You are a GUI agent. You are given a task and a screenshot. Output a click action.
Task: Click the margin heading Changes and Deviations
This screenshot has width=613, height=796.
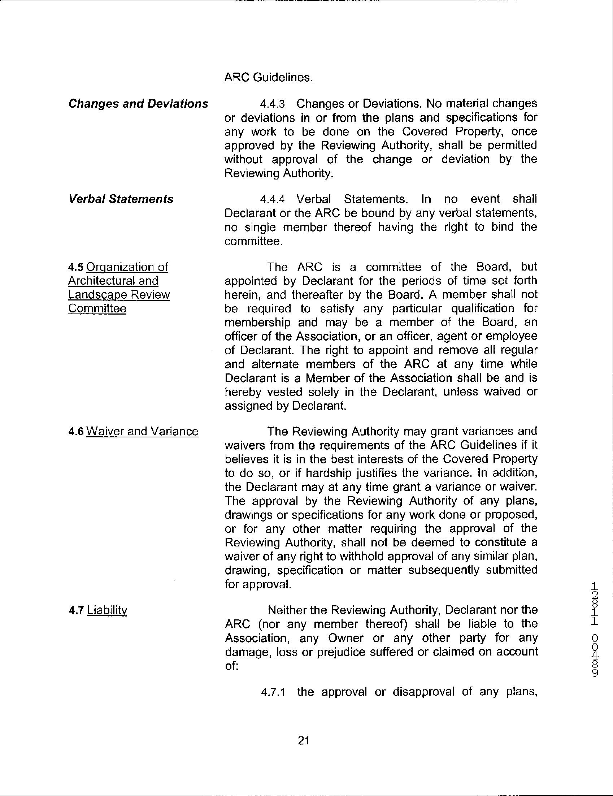[x=138, y=104]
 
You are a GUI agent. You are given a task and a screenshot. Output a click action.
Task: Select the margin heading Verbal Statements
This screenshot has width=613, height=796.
[x=121, y=199]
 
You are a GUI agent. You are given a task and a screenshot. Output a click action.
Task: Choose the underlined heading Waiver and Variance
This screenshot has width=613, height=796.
[x=142, y=432]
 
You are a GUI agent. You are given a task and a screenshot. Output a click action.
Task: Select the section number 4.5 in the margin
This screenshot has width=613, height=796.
[x=76, y=267]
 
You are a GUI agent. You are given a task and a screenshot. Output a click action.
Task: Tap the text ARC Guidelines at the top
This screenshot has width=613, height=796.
[x=269, y=78]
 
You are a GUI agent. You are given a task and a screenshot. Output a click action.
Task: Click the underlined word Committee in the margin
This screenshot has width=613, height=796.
[x=97, y=308]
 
